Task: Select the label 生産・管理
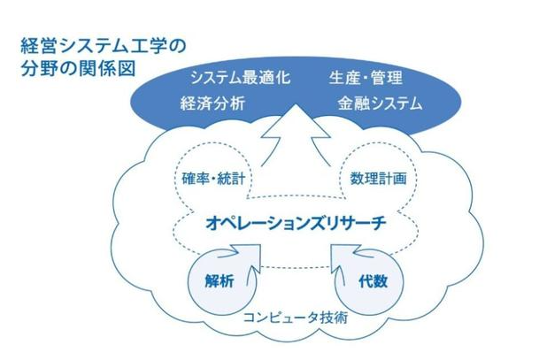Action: [x=366, y=77]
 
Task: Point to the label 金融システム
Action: [x=379, y=103]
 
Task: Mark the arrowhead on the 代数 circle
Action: [x=340, y=250]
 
